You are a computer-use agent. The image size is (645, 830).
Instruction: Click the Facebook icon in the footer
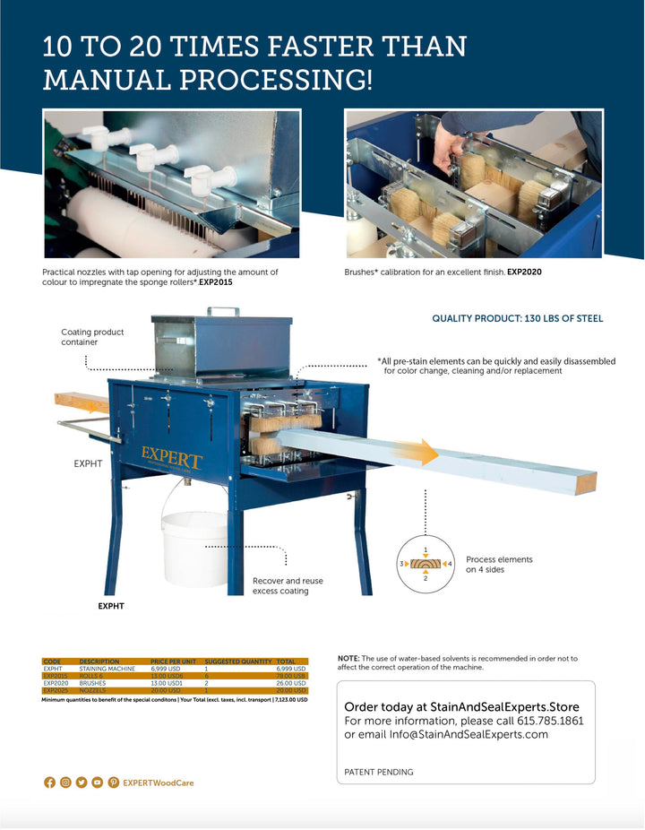[x=49, y=782]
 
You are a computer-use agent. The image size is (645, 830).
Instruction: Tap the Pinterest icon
[x=114, y=782]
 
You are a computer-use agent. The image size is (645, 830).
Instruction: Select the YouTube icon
[x=98, y=782]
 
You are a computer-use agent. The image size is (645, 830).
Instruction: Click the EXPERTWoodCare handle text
[x=159, y=782]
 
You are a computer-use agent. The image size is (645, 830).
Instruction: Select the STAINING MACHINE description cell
[x=107, y=670]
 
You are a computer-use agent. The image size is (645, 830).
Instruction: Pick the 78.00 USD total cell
[x=292, y=677]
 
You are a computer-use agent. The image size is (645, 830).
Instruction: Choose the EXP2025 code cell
[x=56, y=691]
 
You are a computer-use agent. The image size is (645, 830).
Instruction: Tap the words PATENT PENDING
[x=379, y=772]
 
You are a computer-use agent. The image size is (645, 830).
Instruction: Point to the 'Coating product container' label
[x=92, y=337]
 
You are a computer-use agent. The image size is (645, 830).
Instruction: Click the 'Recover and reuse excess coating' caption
[x=288, y=586]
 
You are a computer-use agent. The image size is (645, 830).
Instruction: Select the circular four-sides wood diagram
[x=426, y=564]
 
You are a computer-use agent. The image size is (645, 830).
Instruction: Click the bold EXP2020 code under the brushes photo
[x=525, y=271]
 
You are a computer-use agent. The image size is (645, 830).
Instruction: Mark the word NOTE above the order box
[x=348, y=658]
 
